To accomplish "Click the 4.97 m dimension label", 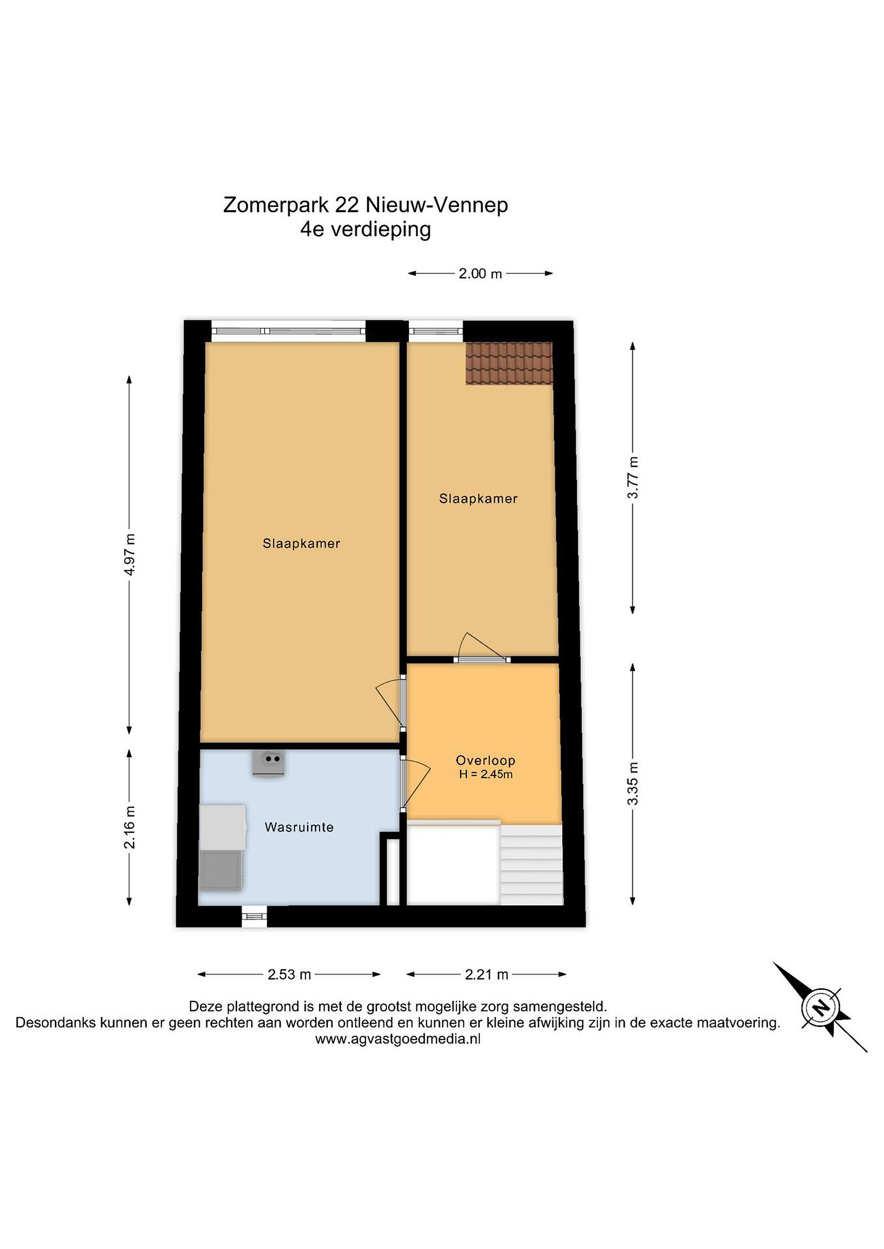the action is [x=130, y=554].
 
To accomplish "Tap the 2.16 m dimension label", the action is [x=130, y=827].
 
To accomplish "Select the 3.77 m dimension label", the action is [x=633, y=477].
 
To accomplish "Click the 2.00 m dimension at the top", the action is [x=480, y=274].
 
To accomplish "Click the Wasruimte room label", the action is [x=299, y=827].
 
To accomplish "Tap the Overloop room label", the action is [x=486, y=760].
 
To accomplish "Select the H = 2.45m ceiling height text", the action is [x=486, y=774].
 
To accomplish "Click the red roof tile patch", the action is [x=509, y=363].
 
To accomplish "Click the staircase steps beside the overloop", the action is [x=531, y=865].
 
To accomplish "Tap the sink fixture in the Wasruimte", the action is [x=269, y=764].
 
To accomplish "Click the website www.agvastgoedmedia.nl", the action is [x=398, y=1039].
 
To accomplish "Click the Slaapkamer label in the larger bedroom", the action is [x=301, y=543].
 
